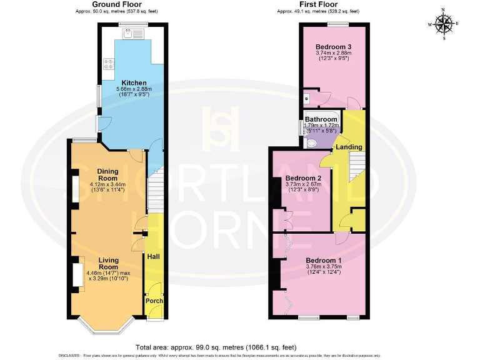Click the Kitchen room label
coord(134,82)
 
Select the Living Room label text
coord(108,264)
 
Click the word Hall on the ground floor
coord(152,256)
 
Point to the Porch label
coord(154,301)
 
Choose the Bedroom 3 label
coord(332,47)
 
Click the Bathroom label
coord(321,119)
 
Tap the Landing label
coord(348,147)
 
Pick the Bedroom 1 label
coord(323,260)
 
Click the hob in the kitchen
coord(109,63)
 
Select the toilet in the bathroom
coord(312,142)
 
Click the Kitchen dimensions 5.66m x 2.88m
coord(134,89)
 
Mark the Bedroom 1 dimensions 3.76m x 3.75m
coord(323,267)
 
